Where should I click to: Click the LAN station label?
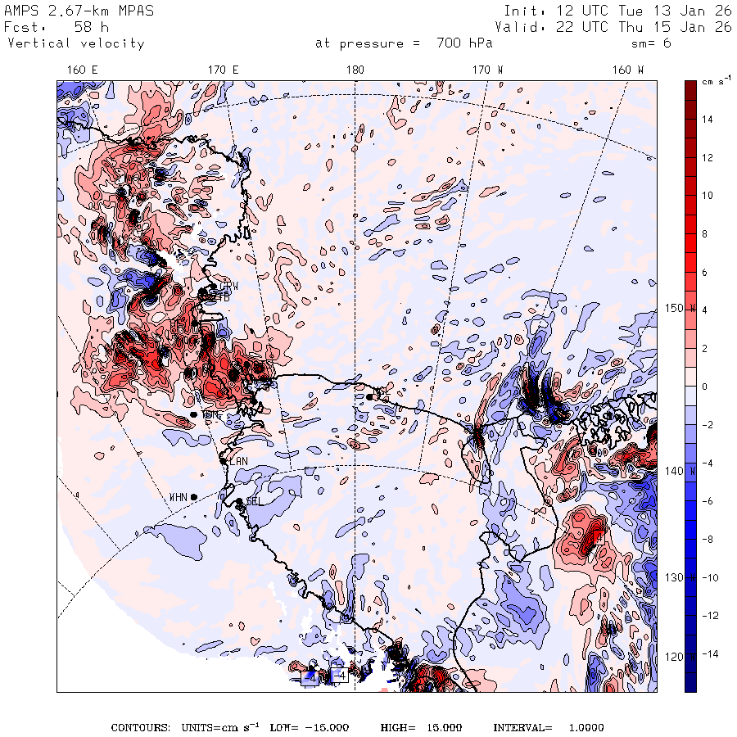pos(238,462)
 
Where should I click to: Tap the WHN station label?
pos(178,497)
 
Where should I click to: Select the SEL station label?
pos(252,501)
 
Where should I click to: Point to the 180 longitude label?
pos(355,70)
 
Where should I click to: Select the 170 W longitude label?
pos(489,70)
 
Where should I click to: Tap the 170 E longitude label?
pos(223,70)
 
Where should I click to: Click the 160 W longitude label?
pos(628,70)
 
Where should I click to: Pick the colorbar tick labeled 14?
pos(708,120)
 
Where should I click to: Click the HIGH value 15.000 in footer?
pos(440,728)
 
